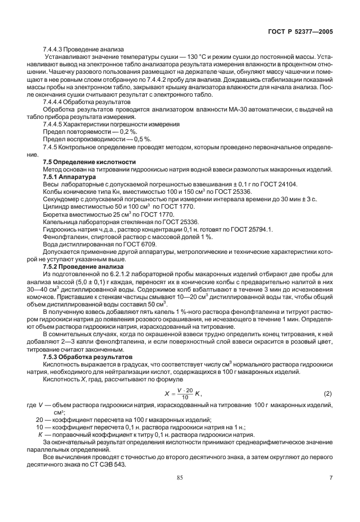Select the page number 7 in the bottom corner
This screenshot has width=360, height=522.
[x=331, y=493]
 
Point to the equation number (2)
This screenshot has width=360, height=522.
[x=327, y=394]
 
